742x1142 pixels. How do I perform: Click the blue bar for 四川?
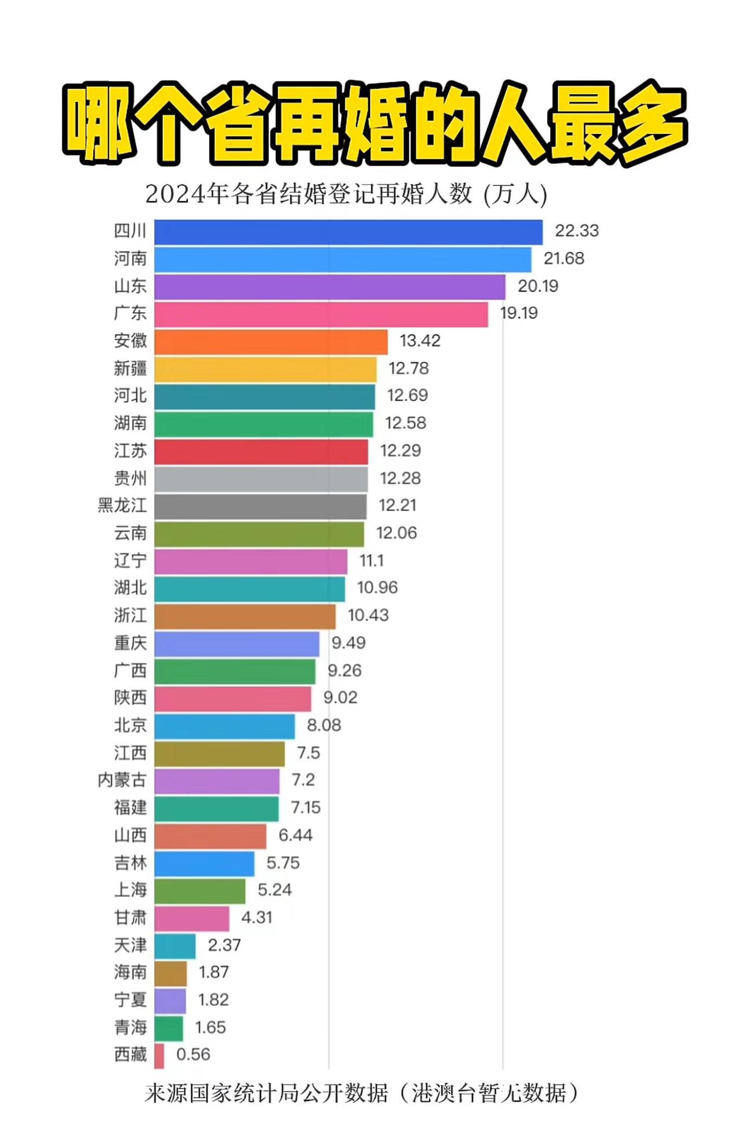point(348,232)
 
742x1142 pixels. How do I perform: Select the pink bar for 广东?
point(321,314)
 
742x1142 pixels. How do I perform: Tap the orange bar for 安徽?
point(271,341)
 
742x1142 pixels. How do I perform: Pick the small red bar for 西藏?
point(159,1056)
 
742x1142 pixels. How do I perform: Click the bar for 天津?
point(175,946)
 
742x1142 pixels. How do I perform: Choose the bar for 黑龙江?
point(260,506)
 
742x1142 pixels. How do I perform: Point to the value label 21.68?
point(563,259)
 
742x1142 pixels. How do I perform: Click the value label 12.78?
point(408,369)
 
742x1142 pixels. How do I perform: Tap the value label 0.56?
point(193,1054)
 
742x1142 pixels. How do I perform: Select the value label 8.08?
point(323,725)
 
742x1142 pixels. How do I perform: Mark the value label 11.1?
point(371,561)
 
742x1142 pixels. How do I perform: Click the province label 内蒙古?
point(122,780)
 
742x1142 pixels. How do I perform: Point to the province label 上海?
point(130,890)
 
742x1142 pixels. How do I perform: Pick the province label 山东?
point(130,286)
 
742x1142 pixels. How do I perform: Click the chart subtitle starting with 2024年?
point(346,194)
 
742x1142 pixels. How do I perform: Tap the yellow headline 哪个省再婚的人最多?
point(374,123)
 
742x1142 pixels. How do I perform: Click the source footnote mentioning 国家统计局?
point(361,1093)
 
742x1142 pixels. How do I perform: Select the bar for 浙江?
point(245,616)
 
